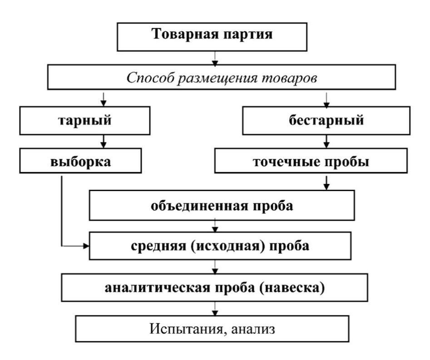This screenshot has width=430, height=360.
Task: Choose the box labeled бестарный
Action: click(x=326, y=121)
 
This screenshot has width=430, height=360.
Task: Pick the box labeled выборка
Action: click(x=80, y=161)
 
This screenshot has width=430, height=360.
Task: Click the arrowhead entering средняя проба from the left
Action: click(x=86, y=247)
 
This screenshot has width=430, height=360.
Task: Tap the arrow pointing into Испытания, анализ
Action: click(x=215, y=310)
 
